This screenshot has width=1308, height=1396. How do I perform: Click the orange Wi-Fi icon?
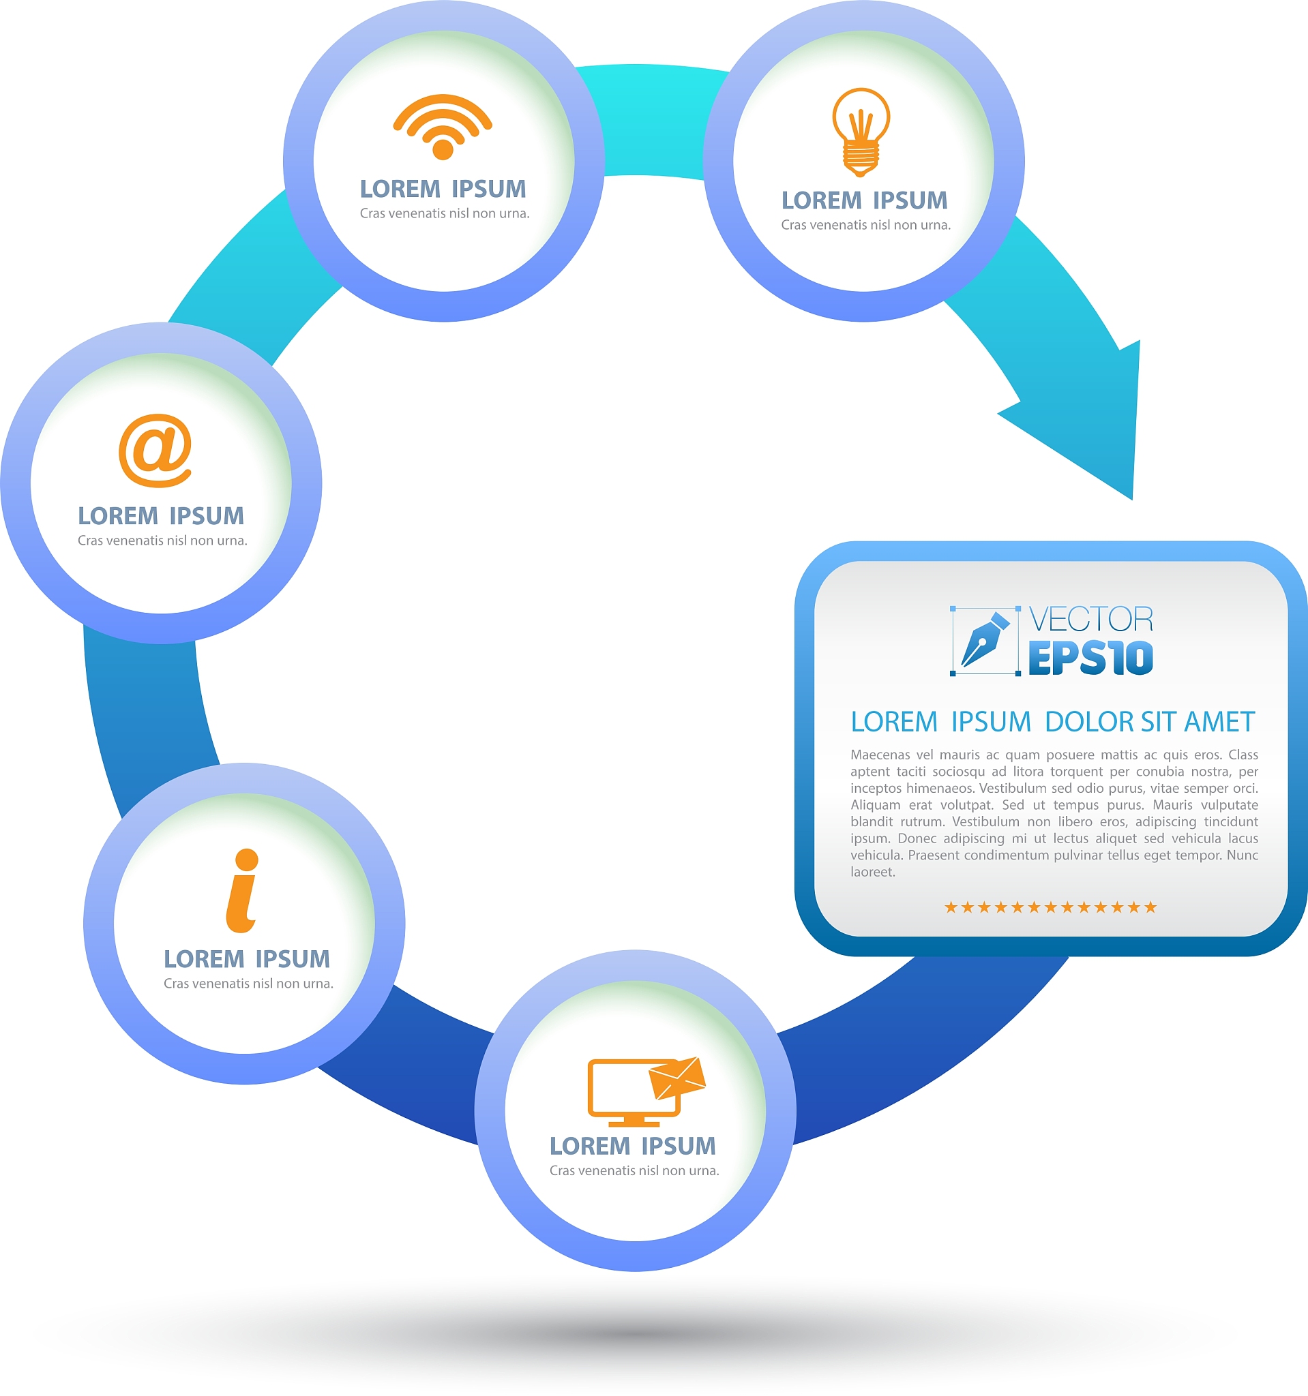pos(443,127)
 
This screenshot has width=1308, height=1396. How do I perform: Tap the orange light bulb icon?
pos(861,132)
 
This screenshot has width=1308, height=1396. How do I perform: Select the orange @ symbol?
pos(155,450)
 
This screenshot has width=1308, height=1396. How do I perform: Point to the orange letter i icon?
pos(242,890)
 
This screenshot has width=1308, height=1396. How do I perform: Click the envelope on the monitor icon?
pos(677,1078)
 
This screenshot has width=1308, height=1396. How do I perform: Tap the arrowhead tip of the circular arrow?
pos(1131,499)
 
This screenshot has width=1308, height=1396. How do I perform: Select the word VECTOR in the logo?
pos(1091,620)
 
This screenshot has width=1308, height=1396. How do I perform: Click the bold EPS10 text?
pos(1091,658)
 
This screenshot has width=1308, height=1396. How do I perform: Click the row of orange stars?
pos(1050,907)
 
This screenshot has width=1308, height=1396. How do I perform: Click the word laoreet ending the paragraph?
pos(872,872)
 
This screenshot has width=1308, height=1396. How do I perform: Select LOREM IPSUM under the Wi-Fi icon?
pos(443,189)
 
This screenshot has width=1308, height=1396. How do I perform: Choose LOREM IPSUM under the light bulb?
pos(864,200)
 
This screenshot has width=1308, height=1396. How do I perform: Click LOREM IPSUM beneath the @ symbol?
pos(161,516)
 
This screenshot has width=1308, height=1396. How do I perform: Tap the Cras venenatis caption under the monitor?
pos(634,1170)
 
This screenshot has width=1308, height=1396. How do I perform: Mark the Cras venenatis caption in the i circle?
pos(249,983)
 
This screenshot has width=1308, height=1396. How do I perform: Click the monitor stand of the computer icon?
pos(634,1121)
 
